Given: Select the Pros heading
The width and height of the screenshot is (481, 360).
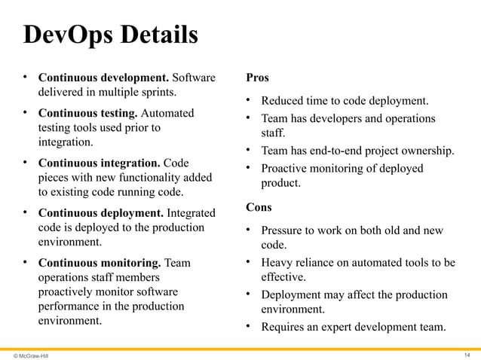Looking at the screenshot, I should tap(257, 78).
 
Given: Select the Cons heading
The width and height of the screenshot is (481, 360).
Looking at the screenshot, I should tap(259, 206).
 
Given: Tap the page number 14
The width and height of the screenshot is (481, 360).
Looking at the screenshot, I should tap(468, 354).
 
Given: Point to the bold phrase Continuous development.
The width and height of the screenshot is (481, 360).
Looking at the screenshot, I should tap(103, 78).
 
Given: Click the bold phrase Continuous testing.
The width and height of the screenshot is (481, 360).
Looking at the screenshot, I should tap(87, 113).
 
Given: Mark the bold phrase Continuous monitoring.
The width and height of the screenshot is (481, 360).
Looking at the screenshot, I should tap(100, 263).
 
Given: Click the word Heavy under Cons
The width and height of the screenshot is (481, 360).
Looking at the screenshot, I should tap(277, 262).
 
